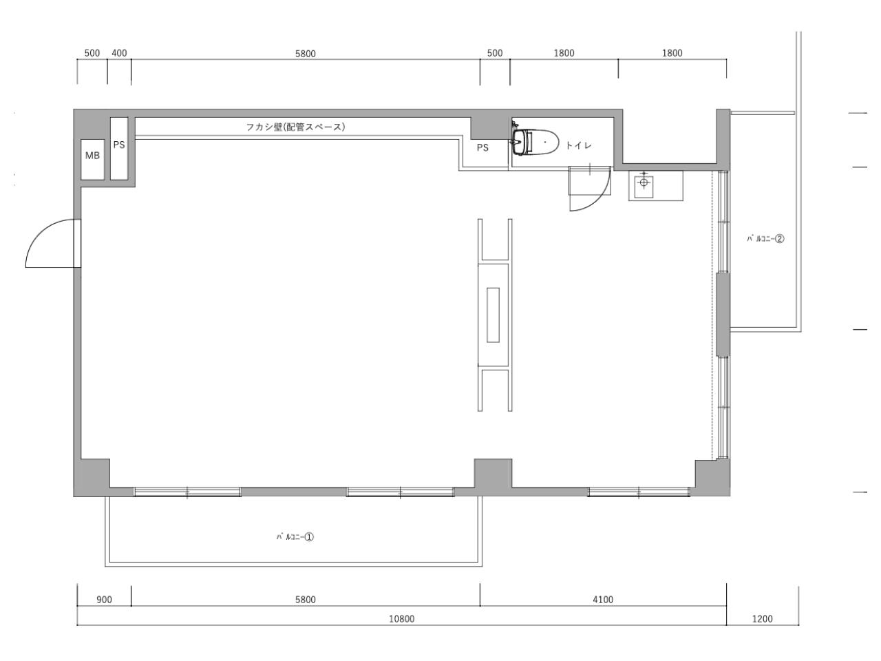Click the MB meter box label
(x=92, y=156)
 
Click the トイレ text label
(x=578, y=145)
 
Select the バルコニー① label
(x=295, y=536)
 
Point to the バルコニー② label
(x=765, y=239)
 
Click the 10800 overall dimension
(x=401, y=618)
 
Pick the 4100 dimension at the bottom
(x=603, y=600)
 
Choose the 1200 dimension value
(x=762, y=618)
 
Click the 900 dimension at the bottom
(x=104, y=600)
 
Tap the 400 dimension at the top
(x=119, y=53)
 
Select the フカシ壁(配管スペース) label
(x=295, y=127)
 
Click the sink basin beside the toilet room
(x=644, y=185)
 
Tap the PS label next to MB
(x=119, y=145)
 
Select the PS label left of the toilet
(x=482, y=147)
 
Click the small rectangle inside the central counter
(x=493, y=315)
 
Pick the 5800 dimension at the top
(x=306, y=54)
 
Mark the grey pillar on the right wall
(x=723, y=314)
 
